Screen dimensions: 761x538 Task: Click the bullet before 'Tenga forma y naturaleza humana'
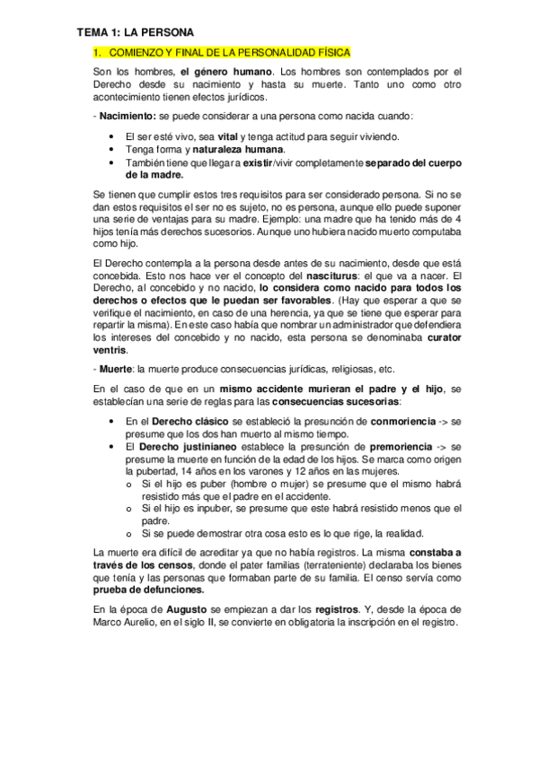[x=110, y=149]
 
